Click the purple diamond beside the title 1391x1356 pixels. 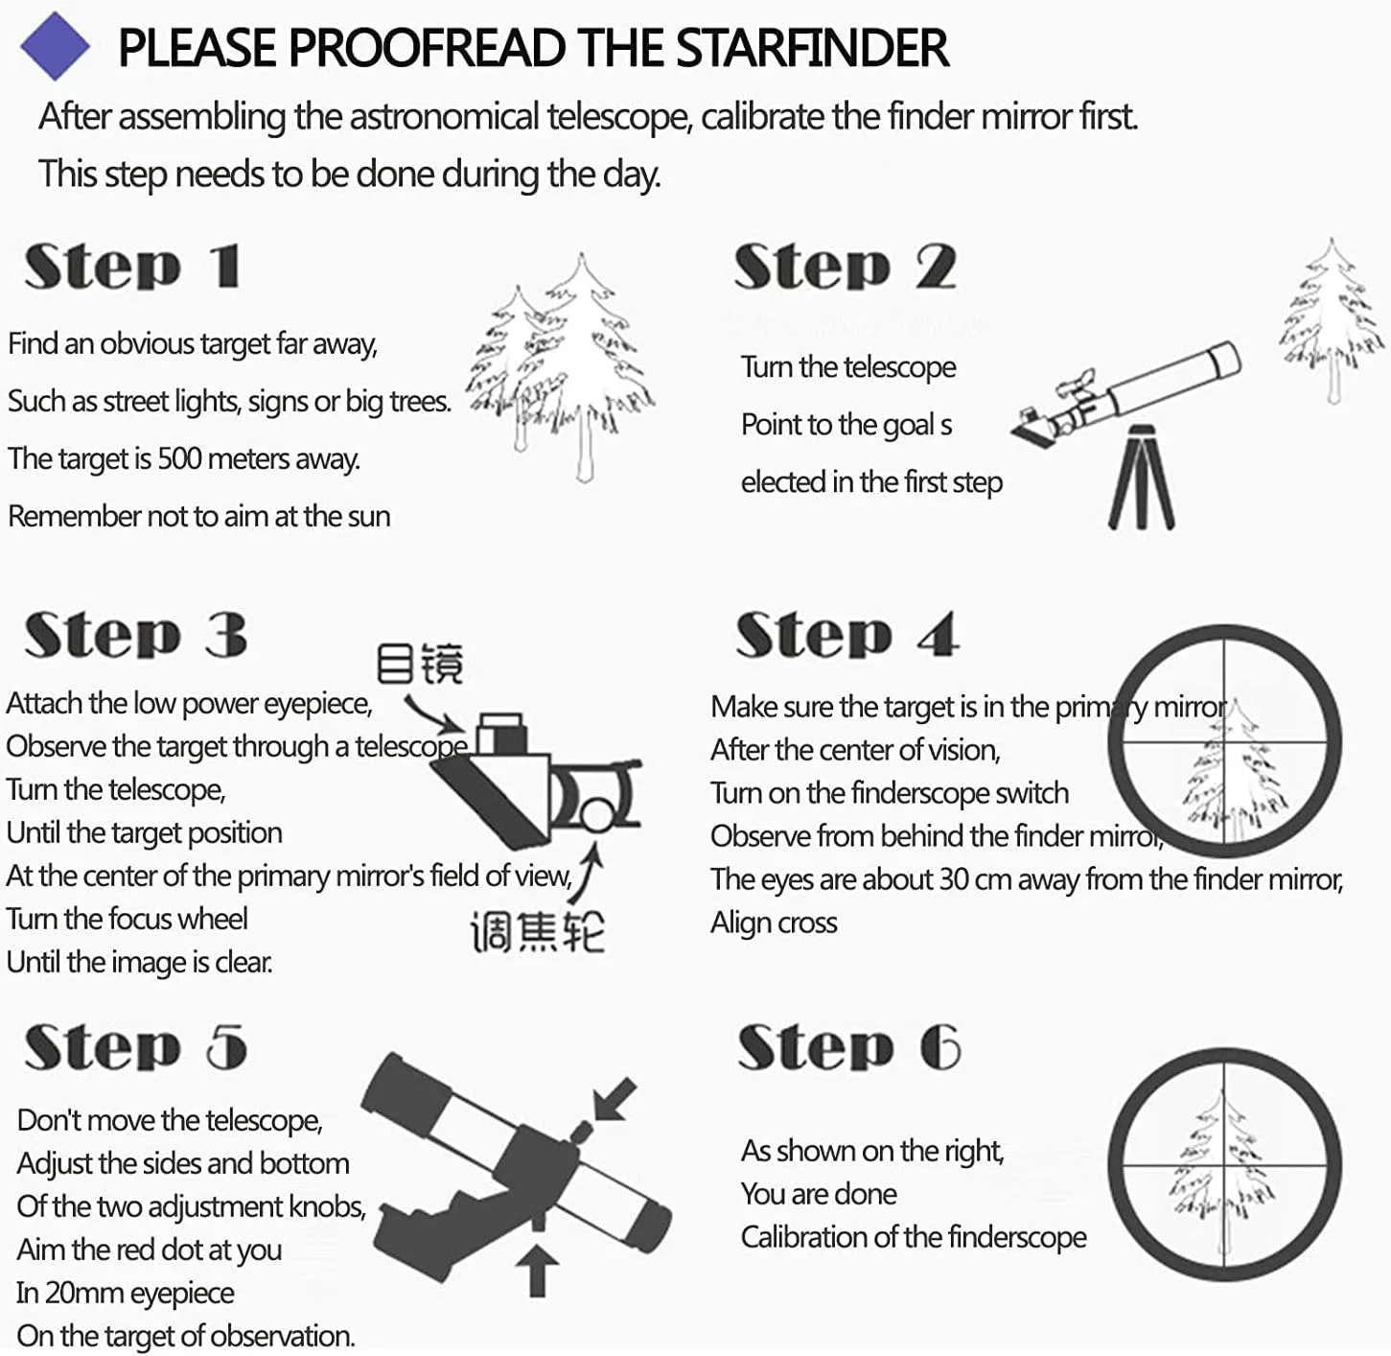pos(55,46)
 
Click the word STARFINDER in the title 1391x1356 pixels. pos(812,49)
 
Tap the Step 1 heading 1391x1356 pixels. pos(133,266)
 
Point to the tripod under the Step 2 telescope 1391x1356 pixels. pos(1141,477)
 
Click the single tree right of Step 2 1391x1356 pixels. pos(1331,322)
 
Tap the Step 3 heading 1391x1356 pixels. pos(136,635)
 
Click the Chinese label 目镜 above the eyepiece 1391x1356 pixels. pos(420,664)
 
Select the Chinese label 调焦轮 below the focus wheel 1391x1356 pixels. pos(538,932)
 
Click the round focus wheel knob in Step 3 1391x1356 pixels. pos(596,814)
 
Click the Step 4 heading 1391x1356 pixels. pos(847,635)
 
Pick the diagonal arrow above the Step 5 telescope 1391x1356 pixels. pos(614,1099)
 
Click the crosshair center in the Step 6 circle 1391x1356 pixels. pos(1224,1166)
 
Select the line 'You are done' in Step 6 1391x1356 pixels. pos(819,1194)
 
